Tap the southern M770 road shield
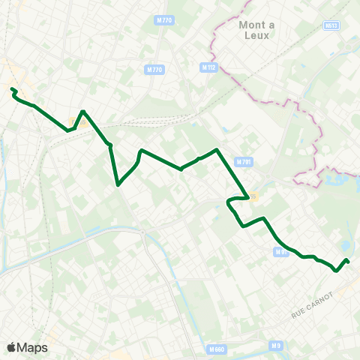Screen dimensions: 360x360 (x=154, y=70)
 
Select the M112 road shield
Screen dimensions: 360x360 (x=208, y=67)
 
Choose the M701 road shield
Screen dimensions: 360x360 (x=244, y=162)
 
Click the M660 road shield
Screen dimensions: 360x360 (x=216, y=349)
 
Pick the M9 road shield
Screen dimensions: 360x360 (x=276, y=345)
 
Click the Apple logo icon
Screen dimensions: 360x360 (x=12, y=347)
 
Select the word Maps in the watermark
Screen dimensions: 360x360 (x=33, y=347)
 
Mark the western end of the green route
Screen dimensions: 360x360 (x=12, y=90)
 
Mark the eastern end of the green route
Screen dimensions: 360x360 (x=347, y=260)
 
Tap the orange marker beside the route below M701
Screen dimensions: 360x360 (x=254, y=196)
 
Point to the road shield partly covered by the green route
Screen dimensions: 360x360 (x=280, y=252)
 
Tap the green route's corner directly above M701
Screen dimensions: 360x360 (x=217, y=150)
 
